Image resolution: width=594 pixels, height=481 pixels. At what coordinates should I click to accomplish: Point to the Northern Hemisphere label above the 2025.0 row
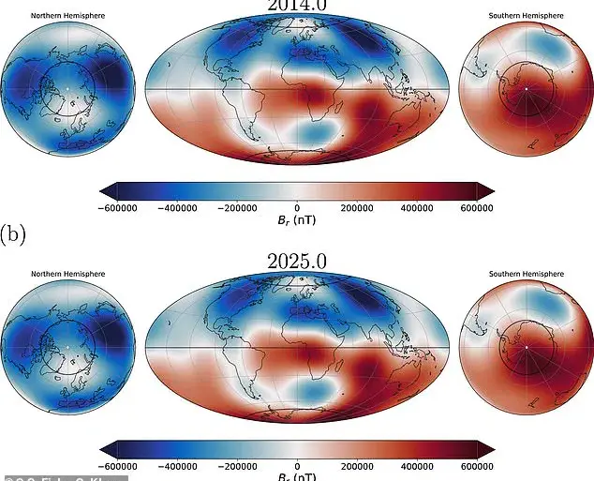coord(67,274)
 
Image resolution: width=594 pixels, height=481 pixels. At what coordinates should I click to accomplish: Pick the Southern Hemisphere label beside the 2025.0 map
coord(526,274)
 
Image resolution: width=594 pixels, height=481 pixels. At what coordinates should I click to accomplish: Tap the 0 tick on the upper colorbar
coord(297,208)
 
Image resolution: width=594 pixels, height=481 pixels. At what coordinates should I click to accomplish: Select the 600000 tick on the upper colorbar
coord(477,208)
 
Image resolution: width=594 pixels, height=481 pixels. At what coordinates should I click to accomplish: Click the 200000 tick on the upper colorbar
coord(357,208)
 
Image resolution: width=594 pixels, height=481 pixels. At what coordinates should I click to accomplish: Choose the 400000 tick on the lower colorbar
coord(417,466)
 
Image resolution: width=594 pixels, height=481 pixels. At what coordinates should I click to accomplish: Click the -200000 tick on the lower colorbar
coord(237,466)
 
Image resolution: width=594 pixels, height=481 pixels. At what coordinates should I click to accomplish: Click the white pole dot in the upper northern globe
coord(67,89)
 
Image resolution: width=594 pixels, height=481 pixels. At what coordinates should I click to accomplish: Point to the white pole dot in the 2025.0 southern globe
coord(526,347)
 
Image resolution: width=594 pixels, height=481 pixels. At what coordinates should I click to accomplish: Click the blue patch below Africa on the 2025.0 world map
coord(309,389)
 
